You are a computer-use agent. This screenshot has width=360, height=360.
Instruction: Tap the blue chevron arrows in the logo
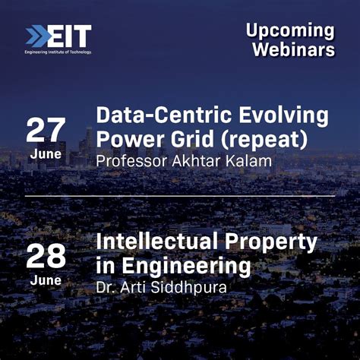click(x=37, y=36)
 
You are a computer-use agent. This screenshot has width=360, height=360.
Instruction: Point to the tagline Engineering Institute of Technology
click(x=58, y=52)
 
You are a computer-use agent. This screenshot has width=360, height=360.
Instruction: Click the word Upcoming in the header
click(x=290, y=31)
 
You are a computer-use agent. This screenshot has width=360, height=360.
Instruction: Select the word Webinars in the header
click(x=293, y=50)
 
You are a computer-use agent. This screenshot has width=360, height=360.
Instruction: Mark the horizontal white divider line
click(x=180, y=196)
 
